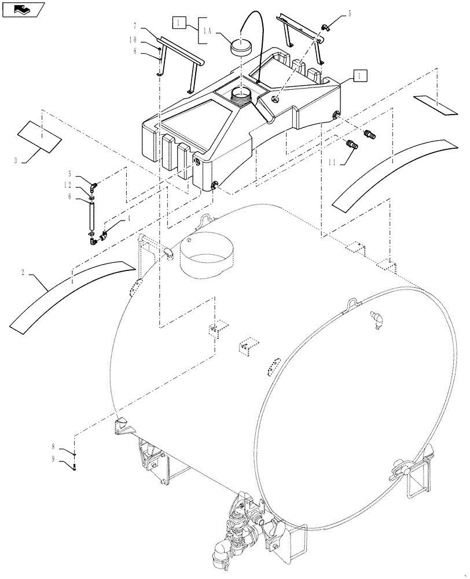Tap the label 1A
point(210,34)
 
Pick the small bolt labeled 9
point(74,467)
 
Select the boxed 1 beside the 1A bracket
point(179,23)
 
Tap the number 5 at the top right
point(349,13)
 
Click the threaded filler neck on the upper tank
point(243,95)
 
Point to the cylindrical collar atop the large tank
point(205,255)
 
